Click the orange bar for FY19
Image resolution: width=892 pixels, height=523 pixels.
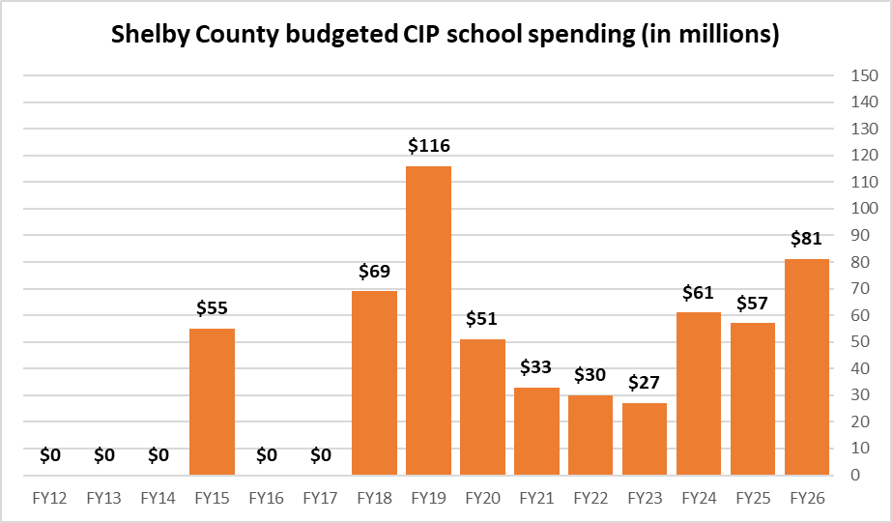click(x=428, y=320)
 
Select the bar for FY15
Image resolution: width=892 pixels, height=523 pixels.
click(x=212, y=401)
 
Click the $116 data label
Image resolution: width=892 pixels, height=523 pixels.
click(x=428, y=147)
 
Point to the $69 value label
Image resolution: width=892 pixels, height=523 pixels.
click(x=374, y=272)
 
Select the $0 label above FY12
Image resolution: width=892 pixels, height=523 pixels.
click(x=49, y=454)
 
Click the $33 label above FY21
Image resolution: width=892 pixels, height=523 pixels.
click(x=536, y=367)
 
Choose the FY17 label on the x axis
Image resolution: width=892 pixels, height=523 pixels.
click(x=320, y=499)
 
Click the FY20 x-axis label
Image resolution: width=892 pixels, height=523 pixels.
click(x=482, y=499)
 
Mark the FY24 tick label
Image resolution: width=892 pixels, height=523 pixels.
click(x=699, y=499)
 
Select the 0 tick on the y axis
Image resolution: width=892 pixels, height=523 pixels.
click(x=855, y=476)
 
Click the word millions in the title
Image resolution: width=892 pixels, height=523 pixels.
click(x=725, y=36)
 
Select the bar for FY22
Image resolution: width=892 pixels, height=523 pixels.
click(x=590, y=435)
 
